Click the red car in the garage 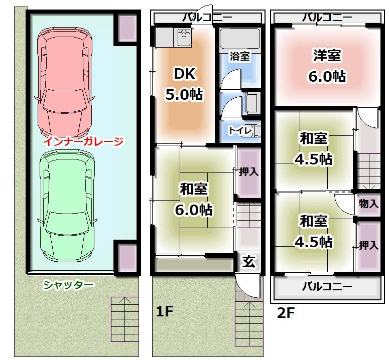pyautogui.click(x=65, y=83)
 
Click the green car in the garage pyautogui.click(x=67, y=206)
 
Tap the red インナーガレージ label pyautogui.click(x=83, y=142)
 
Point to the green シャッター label pyautogui.click(x=68, y=285)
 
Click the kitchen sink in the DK pyautogui.click(x=184, y=38)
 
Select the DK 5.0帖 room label pyautogui.click(x=184, y=84)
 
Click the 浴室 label pyautogui.click(x=239, y=56)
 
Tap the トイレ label pyautogui.click(x=240, y=130)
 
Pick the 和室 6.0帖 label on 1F pyautogui.click(x=194, y=199)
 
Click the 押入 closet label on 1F pyautogui.click(x=249, y=171)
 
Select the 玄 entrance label pyautogui.click(x=249, y=262)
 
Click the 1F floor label pyautogui.click(x=164, y=311)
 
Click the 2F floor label pyautogui.click(x=286, y=313)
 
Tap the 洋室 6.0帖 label pyautogui.click(x=327, y=66)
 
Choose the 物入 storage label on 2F pyautogui.click(x=368, y=204)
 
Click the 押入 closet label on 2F pyautogui.click(x=369, y=245)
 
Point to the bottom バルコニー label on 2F pyautogui.click(x=327, y=287)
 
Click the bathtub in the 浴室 pyautogui.click(x=240, y=39)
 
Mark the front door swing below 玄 pyautogui.click(x=248, y=286)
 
